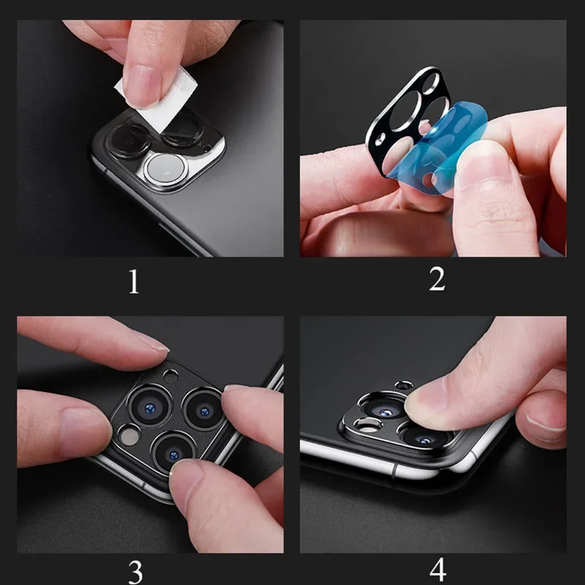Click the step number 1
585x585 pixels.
[133, 282]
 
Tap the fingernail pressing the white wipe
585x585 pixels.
[141, 88]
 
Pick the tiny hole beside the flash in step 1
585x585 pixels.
[208, 149]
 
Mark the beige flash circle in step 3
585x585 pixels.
[128, 436]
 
